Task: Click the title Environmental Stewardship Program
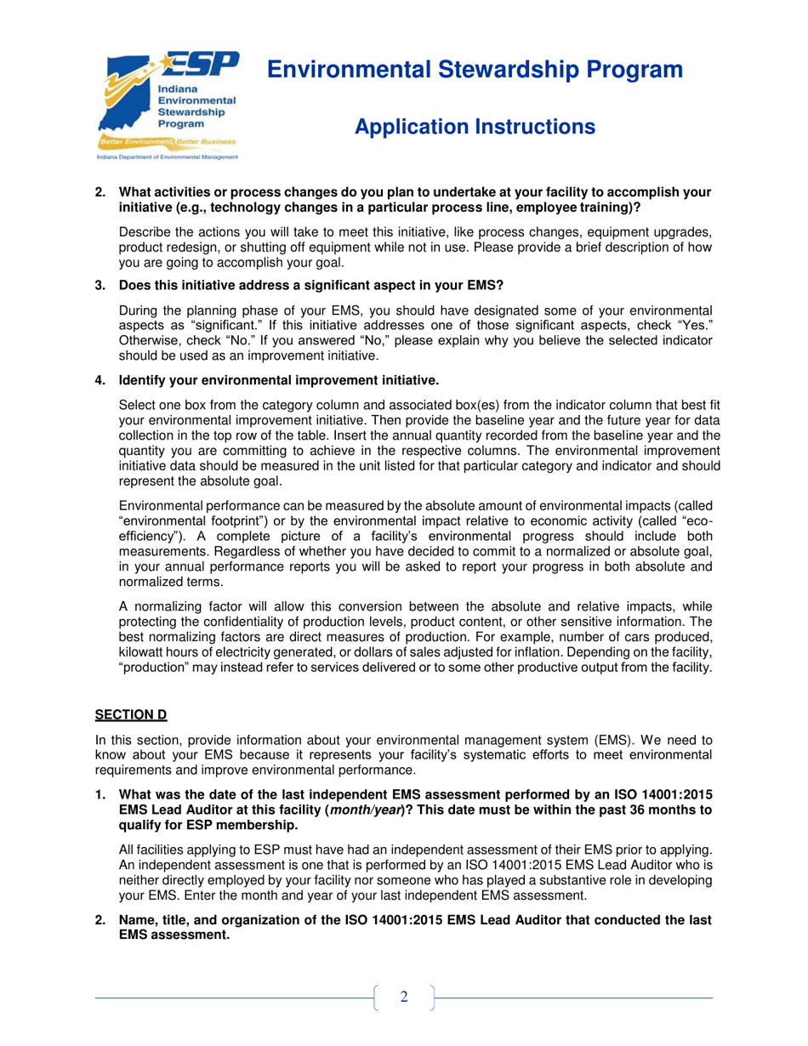tap(475, 70)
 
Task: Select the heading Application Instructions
tap(474, 128)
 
